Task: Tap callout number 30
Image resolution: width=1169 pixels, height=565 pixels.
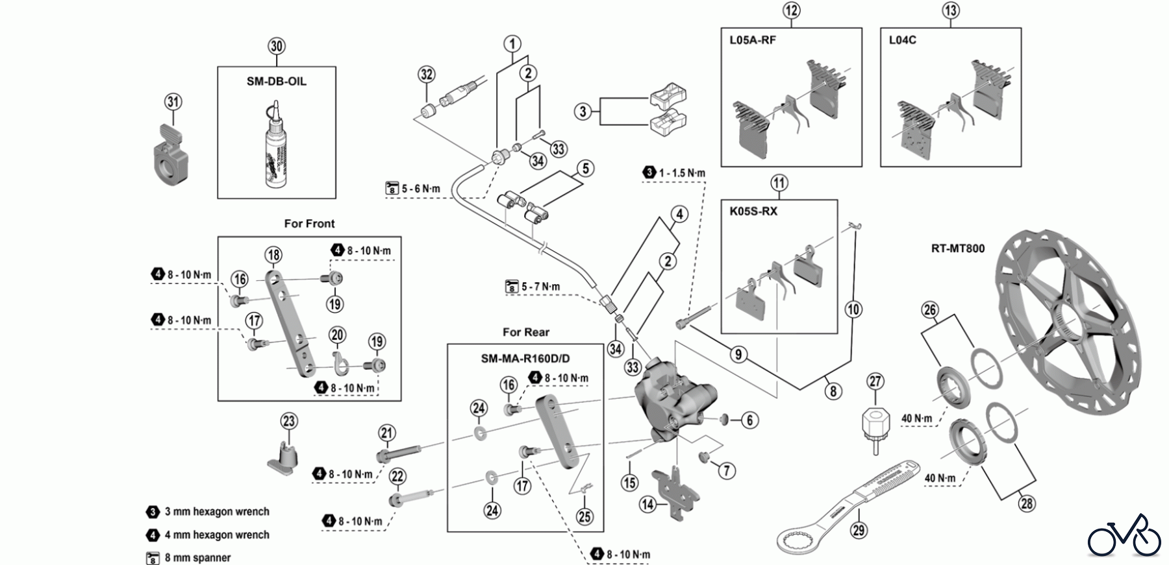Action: [x=277, y=47]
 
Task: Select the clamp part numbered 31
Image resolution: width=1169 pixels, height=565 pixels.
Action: [x=168, y=152]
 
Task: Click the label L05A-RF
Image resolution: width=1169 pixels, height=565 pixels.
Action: [x=752, y=40]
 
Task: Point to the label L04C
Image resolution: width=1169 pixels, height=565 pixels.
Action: [x=902, y=40]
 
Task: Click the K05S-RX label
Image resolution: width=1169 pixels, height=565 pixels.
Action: [x=753, y=211]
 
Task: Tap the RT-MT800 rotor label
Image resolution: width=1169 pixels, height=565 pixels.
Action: [x=958, y=248]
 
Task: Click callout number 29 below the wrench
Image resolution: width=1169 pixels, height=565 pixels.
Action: [x=859, y=530]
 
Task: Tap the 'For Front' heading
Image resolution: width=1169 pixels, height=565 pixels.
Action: [x=309, y=224]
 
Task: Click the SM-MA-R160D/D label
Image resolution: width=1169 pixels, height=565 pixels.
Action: [x=525, y=359]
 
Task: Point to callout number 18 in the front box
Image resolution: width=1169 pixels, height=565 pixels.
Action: [x=273, y=255]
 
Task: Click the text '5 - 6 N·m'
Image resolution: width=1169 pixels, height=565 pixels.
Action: [x=420, y=189]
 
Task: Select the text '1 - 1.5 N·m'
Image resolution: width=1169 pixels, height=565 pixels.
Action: [x=681, y=173]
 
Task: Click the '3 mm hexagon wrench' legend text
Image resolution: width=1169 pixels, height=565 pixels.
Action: [x=216, y=512]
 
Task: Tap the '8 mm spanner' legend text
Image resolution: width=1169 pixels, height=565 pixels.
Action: [x=197, y=558]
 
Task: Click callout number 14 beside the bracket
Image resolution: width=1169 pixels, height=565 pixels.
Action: [x=647, y=503]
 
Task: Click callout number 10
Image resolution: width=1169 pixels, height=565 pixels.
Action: [x=853, y=309]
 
